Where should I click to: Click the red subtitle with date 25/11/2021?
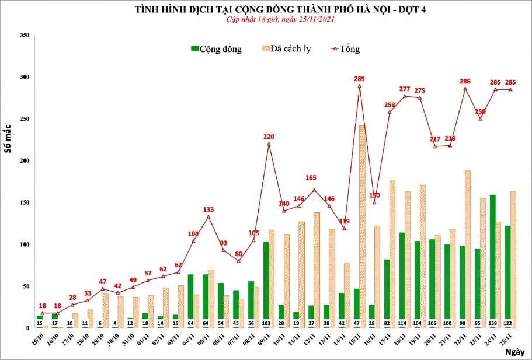280,19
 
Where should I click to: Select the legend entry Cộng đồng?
216,49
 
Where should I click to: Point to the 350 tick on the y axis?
24,35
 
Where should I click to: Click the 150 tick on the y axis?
24,202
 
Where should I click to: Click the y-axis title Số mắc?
8,139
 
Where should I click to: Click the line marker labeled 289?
359,86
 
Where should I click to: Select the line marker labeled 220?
269,144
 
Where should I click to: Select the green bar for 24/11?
492,261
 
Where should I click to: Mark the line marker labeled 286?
465,88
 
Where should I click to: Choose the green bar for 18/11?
401,280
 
